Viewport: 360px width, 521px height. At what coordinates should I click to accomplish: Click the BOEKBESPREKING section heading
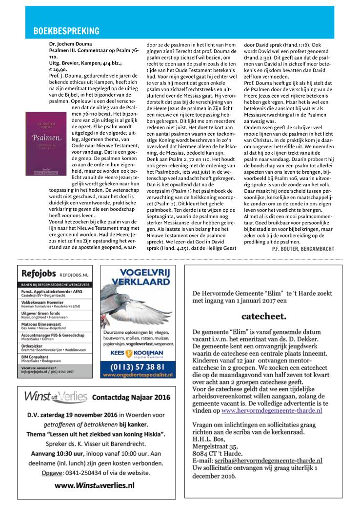[66, 31]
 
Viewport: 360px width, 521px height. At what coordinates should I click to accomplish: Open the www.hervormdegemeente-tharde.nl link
[272, 411]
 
